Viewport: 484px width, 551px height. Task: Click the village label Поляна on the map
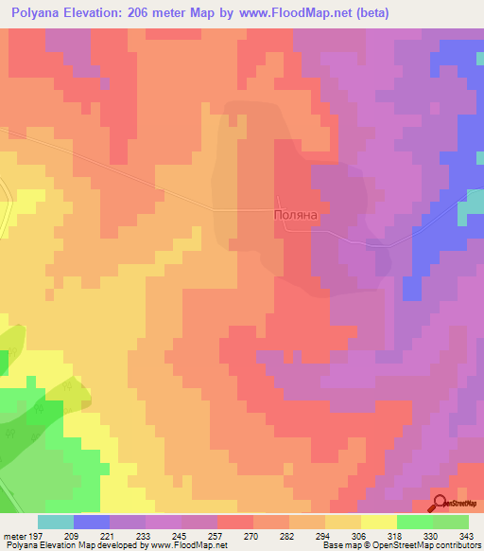click(293, 215)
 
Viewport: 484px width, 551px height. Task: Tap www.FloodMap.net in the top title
click(298, 14)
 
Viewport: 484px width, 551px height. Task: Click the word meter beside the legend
click(14, 536)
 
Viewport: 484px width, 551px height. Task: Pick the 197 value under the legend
click(35, 536)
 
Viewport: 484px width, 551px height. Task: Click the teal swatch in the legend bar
click(56, 522)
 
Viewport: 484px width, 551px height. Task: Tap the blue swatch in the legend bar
click(92, 522)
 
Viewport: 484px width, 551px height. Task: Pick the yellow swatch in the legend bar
click(379, 522)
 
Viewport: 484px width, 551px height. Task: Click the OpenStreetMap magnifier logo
click(440, 504)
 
